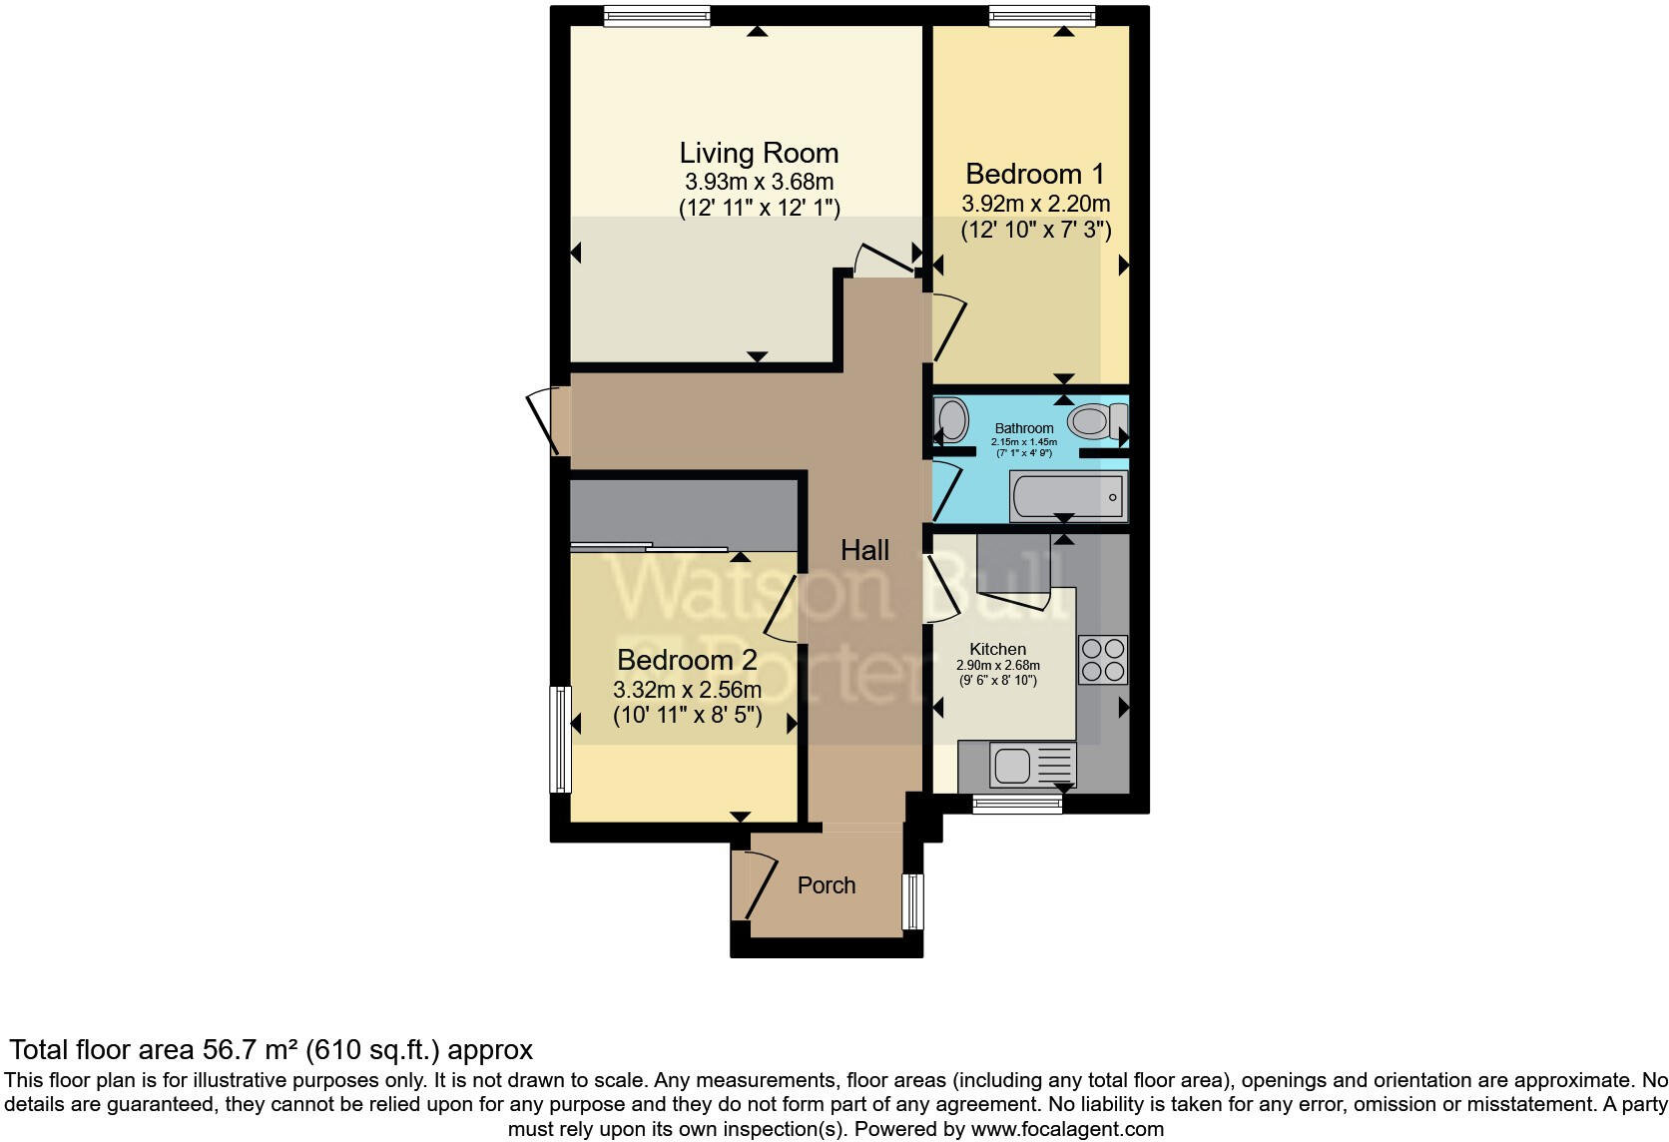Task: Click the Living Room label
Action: [x=759, y=154]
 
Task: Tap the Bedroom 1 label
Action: [x=1035, y=174]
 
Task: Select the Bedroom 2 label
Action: [x=687, y=660]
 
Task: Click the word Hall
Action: [x=864, y=550]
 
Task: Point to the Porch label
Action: [x=827, y=885]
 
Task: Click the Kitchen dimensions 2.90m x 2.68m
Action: [x=997, y=666]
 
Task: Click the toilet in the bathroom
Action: [x=1096, y=420]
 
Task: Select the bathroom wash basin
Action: [x=951, y=420]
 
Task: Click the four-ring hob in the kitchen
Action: [x=1103, y=659]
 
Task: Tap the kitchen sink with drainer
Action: [x=1032, y=766]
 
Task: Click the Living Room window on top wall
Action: [x=657, y=15]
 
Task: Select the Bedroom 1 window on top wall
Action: [x=1042, y=15]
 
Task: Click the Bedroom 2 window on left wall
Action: [x=562, y=739]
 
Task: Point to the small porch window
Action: [x=912, y=901]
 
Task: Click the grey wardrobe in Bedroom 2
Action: [x=685, y=513]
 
